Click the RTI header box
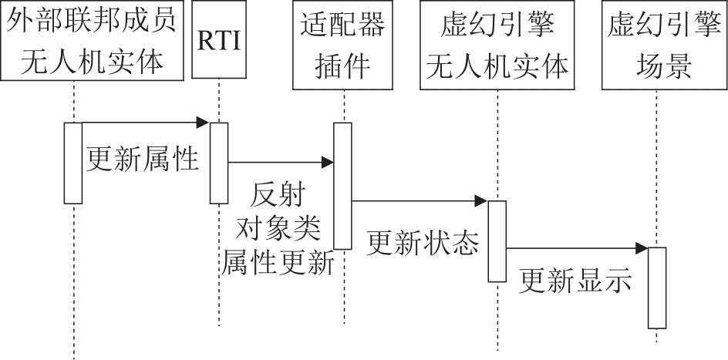pos(219,40)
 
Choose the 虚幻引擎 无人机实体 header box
pos(497,40)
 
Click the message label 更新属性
pos(143,160)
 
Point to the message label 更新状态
pos(423,244)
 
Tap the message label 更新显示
pos(575,281)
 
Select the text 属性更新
pos(279,263)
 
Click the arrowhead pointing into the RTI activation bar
pos(204,123)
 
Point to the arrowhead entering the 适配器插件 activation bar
pos(328,163)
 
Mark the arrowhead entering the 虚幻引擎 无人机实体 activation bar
pos(482,202)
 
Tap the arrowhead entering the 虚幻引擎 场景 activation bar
pos(642,248)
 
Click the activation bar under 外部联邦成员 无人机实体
pos(73,163)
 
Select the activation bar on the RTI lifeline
pos(219,163)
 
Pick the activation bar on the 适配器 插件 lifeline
pos(342,186)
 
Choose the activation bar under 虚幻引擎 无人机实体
pos(497,241)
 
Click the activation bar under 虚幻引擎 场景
pos(657,288)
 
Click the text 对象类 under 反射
pos(279,228)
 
